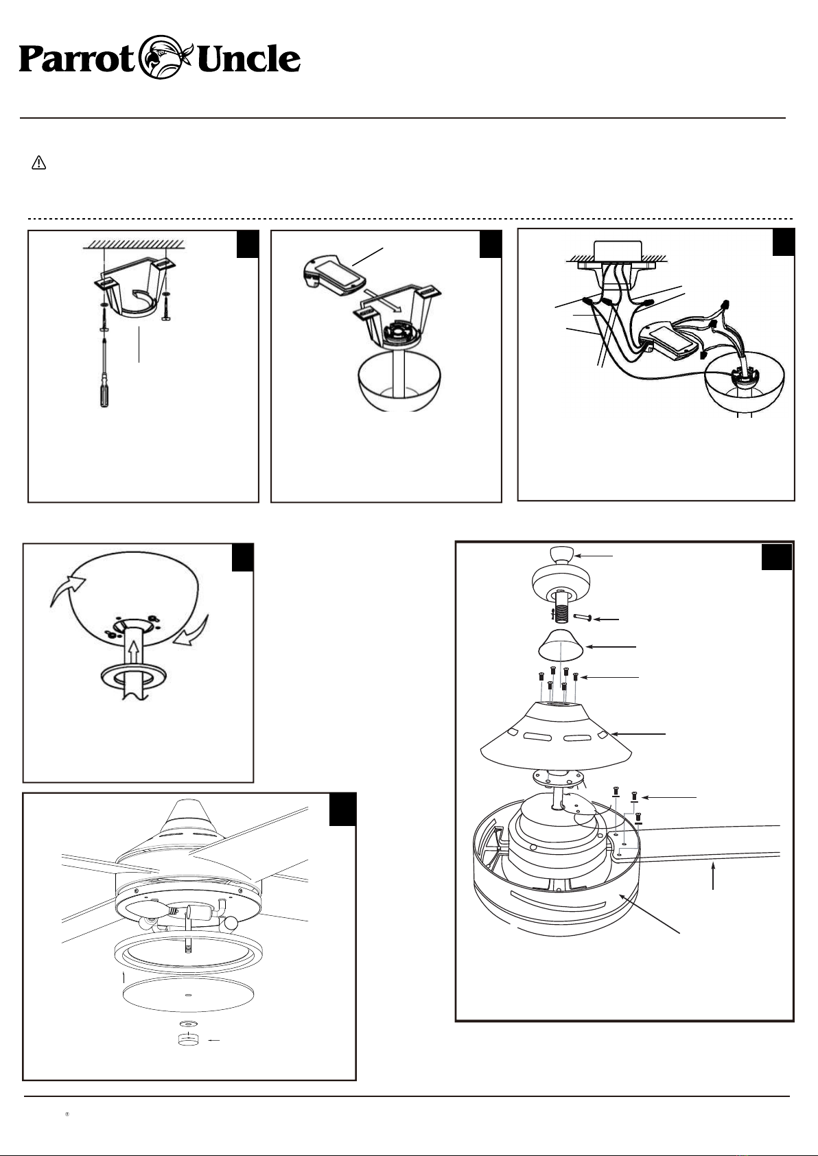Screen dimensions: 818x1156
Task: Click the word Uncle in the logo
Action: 248,59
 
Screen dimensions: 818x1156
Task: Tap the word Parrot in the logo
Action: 76,60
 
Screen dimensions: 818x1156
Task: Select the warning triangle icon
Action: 38,163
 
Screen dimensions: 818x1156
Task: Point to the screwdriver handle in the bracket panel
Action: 104,394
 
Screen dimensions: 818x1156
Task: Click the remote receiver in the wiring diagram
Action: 668,340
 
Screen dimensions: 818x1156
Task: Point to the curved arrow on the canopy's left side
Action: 67,591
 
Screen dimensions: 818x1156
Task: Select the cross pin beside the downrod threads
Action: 582,617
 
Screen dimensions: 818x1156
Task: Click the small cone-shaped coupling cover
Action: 561,645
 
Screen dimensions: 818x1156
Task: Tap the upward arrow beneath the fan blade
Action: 713,877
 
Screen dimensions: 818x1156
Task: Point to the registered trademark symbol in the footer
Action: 67,1114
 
